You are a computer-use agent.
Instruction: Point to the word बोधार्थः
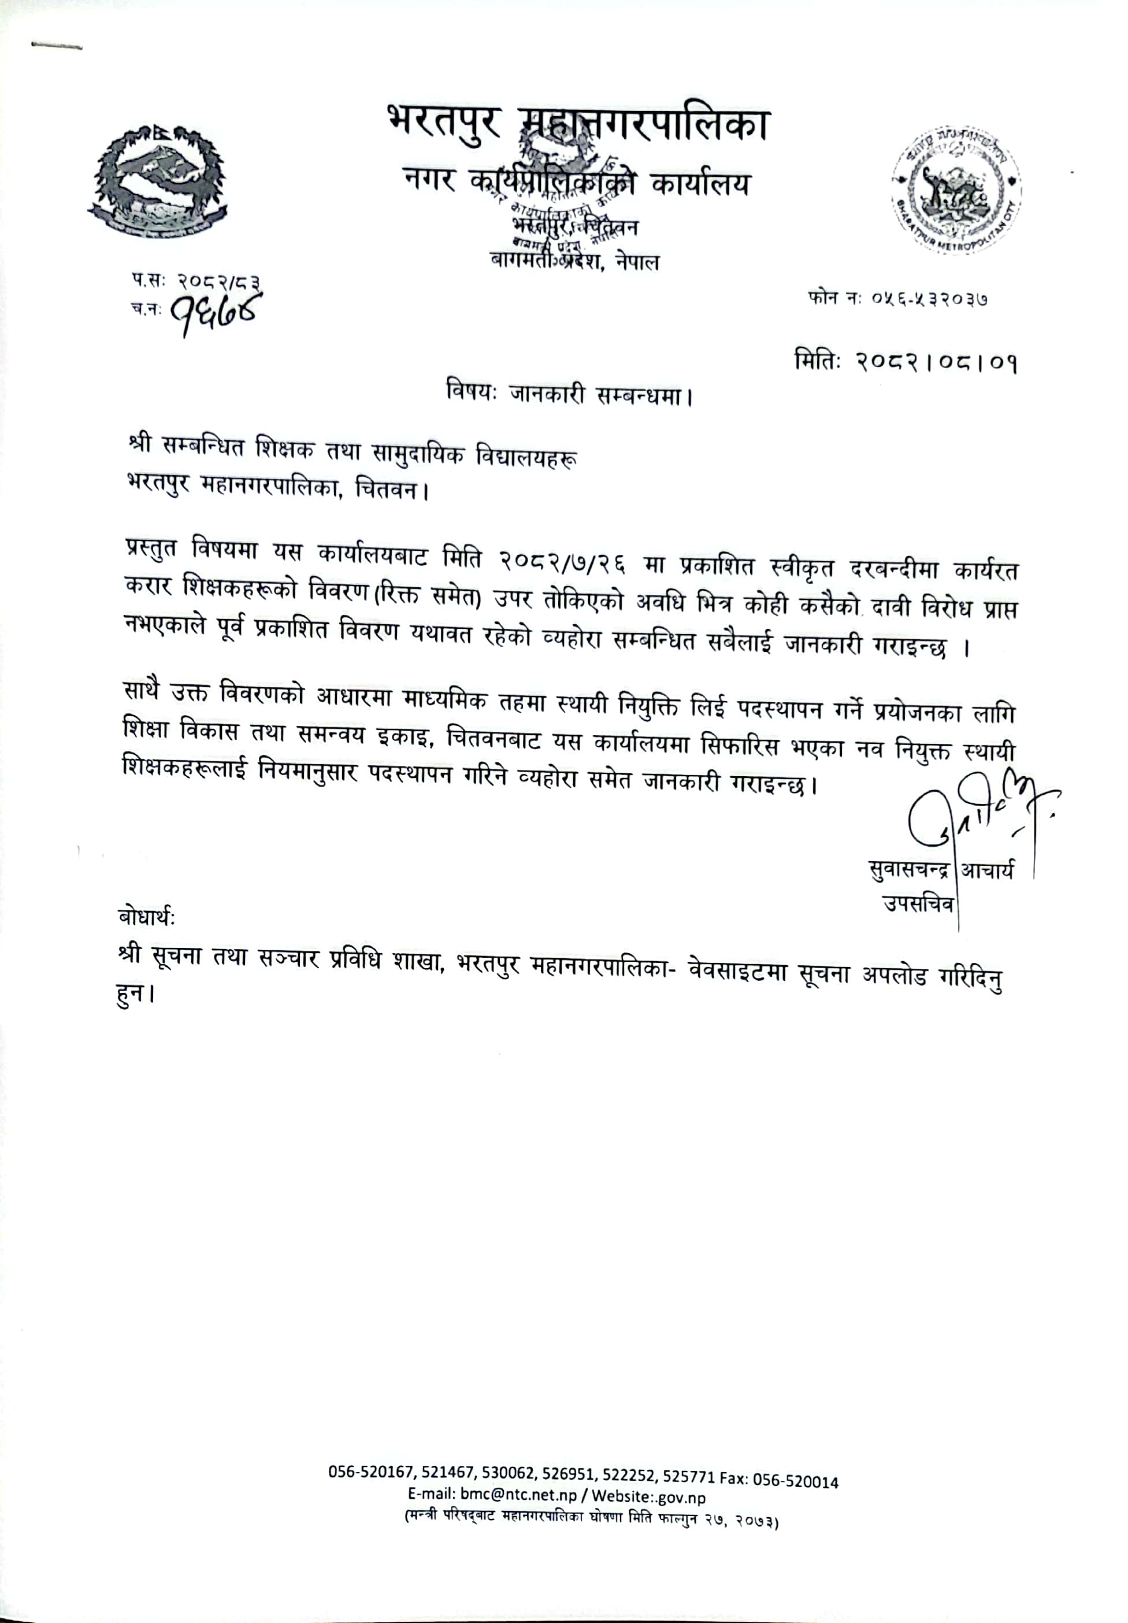tap(147, 917)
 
